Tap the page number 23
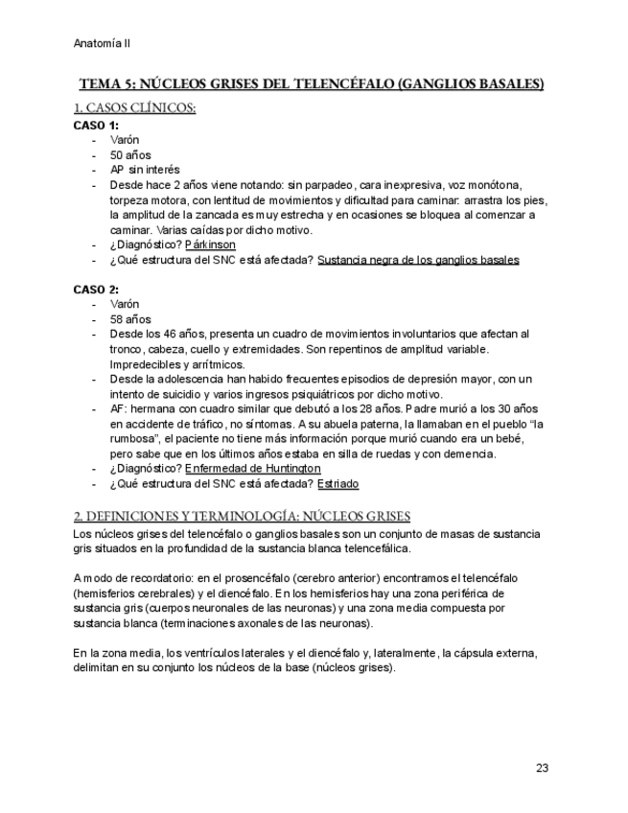(542, 768)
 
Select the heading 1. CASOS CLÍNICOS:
(135, 108)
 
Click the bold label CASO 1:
(96, 125)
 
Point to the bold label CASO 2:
(96, 289)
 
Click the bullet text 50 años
(130, 154)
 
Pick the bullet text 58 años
(130, 319)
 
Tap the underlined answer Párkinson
(210, 244)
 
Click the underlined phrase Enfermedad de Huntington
(252, 468)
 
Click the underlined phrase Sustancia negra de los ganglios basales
(418, 260)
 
